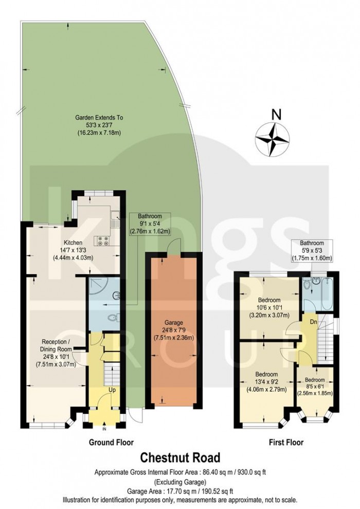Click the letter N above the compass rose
click(x=276, y=115)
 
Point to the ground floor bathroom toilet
click(x=114, y=318)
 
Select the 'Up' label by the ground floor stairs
click(x=111, y=391)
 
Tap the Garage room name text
click(x=174, y=323)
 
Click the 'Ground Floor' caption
click(x=111, y=442)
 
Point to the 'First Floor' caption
click(x=286, y=442)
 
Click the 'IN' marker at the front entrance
click(x=104, y=429)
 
